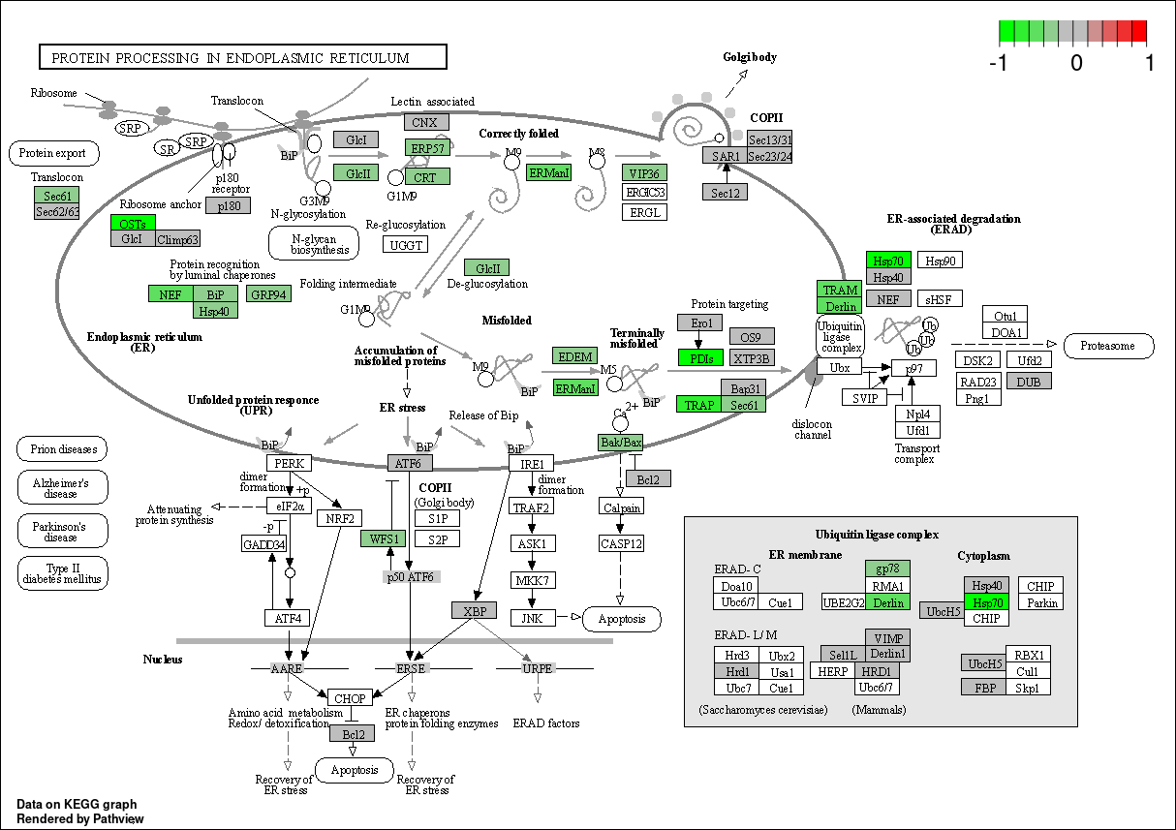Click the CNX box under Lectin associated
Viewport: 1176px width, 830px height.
click(426, 122)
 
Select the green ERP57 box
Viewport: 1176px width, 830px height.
click(427, 148)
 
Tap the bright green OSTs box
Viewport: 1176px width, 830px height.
click(133, 223)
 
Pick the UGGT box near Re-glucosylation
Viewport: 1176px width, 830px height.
click(405, 245)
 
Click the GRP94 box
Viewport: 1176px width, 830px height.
click(268, 294)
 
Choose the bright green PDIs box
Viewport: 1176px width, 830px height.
click(700, 358)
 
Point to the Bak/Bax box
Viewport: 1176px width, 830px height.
click(621, 442)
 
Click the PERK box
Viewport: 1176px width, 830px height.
click(290, 463)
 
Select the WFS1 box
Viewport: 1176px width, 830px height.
click(384, 538)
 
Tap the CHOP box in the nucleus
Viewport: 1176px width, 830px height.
click(350, 698)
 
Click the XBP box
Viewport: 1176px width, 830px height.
click(474, 610)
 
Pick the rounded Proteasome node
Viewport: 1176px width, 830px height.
click(1108, 346)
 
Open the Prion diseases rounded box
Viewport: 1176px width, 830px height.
click(62, 449)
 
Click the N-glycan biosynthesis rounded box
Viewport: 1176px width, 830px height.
click(314, 243)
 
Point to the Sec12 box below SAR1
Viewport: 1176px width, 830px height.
click(725, 193)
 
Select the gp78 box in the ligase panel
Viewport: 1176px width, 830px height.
click(887, 569)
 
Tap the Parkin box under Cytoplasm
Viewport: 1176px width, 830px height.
click(1041, 602)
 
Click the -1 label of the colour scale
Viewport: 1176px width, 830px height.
click(998, 63)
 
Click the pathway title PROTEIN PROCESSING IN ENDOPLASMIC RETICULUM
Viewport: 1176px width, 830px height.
click(231, 58)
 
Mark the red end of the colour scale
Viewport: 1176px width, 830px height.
click(1139, 31)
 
